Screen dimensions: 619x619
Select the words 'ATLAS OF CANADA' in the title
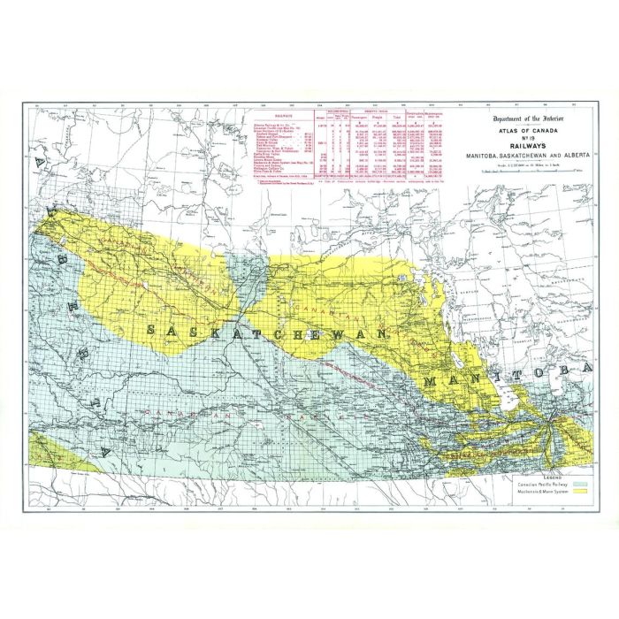pyautogui.click(x=532, y=133)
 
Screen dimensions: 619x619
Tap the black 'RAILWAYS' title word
pyautogui.click(x=532, y=148)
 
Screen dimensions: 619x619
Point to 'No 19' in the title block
pyautogui.click(x=532, y=140)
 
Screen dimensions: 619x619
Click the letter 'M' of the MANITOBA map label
pyautogui.click(x=431, y=380)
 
